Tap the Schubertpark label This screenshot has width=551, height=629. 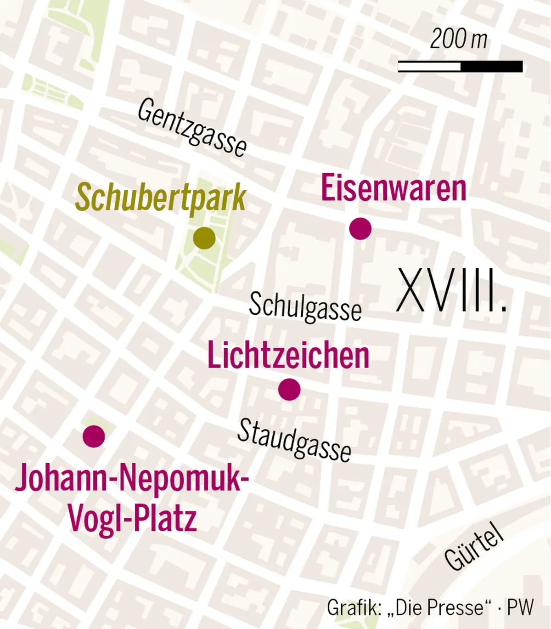point(161,198)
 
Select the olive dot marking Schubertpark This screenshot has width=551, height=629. point(204,238)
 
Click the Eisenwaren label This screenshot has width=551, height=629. point(394,188)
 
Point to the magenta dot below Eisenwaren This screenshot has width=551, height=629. point(360,228)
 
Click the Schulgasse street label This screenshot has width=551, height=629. point(305,306)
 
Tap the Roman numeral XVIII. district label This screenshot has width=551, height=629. point(451,290)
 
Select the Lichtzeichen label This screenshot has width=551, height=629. point(288,355)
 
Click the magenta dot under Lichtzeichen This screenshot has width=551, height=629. point(289,390)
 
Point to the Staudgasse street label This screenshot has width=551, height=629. point(294,440)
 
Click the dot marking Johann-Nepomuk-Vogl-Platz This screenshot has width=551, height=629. point(94,436)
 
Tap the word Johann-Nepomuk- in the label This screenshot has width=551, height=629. point(132,478)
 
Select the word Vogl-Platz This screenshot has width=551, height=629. point(132,518)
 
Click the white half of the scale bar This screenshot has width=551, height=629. point(429,67)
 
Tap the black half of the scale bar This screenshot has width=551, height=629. point(491,67)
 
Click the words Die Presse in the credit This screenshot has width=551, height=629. point(439,607)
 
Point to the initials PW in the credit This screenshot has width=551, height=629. point(520,607)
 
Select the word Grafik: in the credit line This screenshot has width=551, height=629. point(354,607)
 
